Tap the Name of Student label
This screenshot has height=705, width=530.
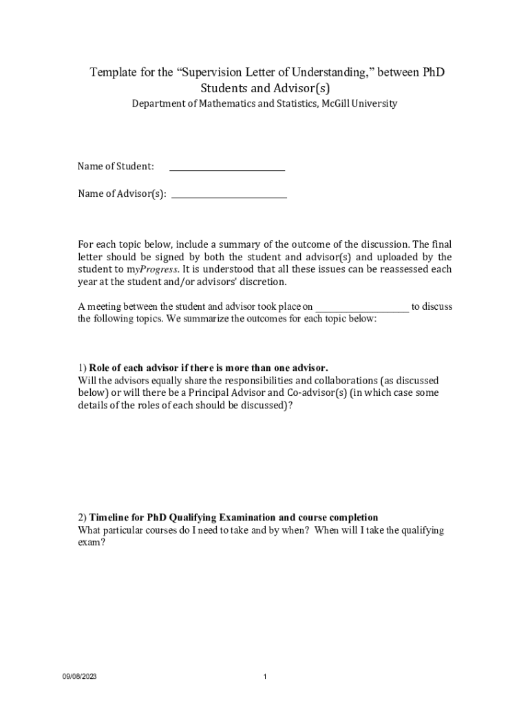[116, 166]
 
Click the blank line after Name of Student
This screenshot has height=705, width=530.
[227, 168]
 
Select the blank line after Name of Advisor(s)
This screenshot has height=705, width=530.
[229, 196]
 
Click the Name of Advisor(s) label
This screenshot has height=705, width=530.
[122, 193]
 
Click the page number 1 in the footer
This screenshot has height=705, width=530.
[265, 677]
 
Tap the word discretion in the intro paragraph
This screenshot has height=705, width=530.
[257, 282]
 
